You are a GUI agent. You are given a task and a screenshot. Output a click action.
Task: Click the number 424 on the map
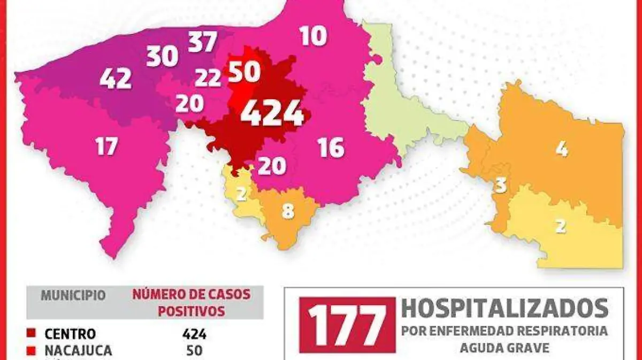pos(272,113)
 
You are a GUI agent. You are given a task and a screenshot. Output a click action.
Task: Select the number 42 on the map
pos(116,79)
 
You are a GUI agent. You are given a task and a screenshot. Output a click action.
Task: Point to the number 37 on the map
pos(202,42)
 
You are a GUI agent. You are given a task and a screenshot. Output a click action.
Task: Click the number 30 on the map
pos(162,56)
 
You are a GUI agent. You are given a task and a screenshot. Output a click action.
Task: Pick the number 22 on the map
pos(208,78)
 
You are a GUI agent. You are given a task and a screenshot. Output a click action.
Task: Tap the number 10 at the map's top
pos(313,36)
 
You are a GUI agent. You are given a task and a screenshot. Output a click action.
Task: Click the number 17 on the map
pos(106,145)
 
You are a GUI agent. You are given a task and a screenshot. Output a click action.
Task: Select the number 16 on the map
pos(331,148)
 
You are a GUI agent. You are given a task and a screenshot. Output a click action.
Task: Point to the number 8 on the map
pos(288,211)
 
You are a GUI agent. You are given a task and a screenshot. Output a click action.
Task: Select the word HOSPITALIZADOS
pos(505,309)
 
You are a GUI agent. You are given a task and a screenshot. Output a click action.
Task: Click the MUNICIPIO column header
pos(73,295)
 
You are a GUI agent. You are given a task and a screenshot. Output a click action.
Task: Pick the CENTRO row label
pos(70,334)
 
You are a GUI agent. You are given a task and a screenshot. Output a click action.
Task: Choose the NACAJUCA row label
pos(78,351)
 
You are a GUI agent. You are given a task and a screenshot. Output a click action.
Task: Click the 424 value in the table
pos(194,334)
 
